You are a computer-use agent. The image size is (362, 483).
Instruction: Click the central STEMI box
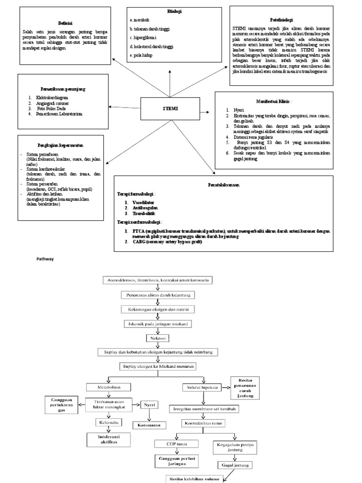pyautogui.click(x=170, y=109)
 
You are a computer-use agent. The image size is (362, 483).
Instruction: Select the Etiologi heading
pyautogui.click(x=174, y=11)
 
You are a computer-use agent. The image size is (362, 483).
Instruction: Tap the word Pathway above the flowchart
pyautogui.click(x=46, y=258)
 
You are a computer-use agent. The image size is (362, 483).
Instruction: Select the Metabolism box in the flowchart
pyautogui.click(x=109, y=387)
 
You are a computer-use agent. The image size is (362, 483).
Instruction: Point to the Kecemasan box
pyautogui.click(x=149, y=425)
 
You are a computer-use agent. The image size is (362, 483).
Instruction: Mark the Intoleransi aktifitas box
pyautogui.click(x=108, y=440)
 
